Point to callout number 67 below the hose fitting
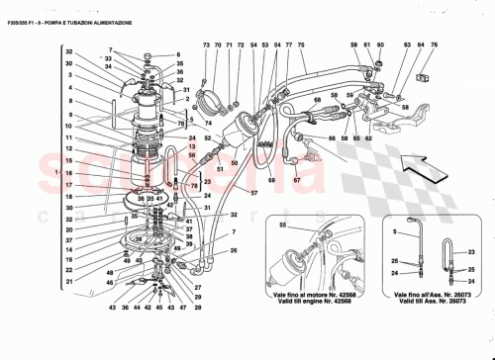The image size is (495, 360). coord(296,181)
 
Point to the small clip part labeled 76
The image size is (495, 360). coord(424,75)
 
